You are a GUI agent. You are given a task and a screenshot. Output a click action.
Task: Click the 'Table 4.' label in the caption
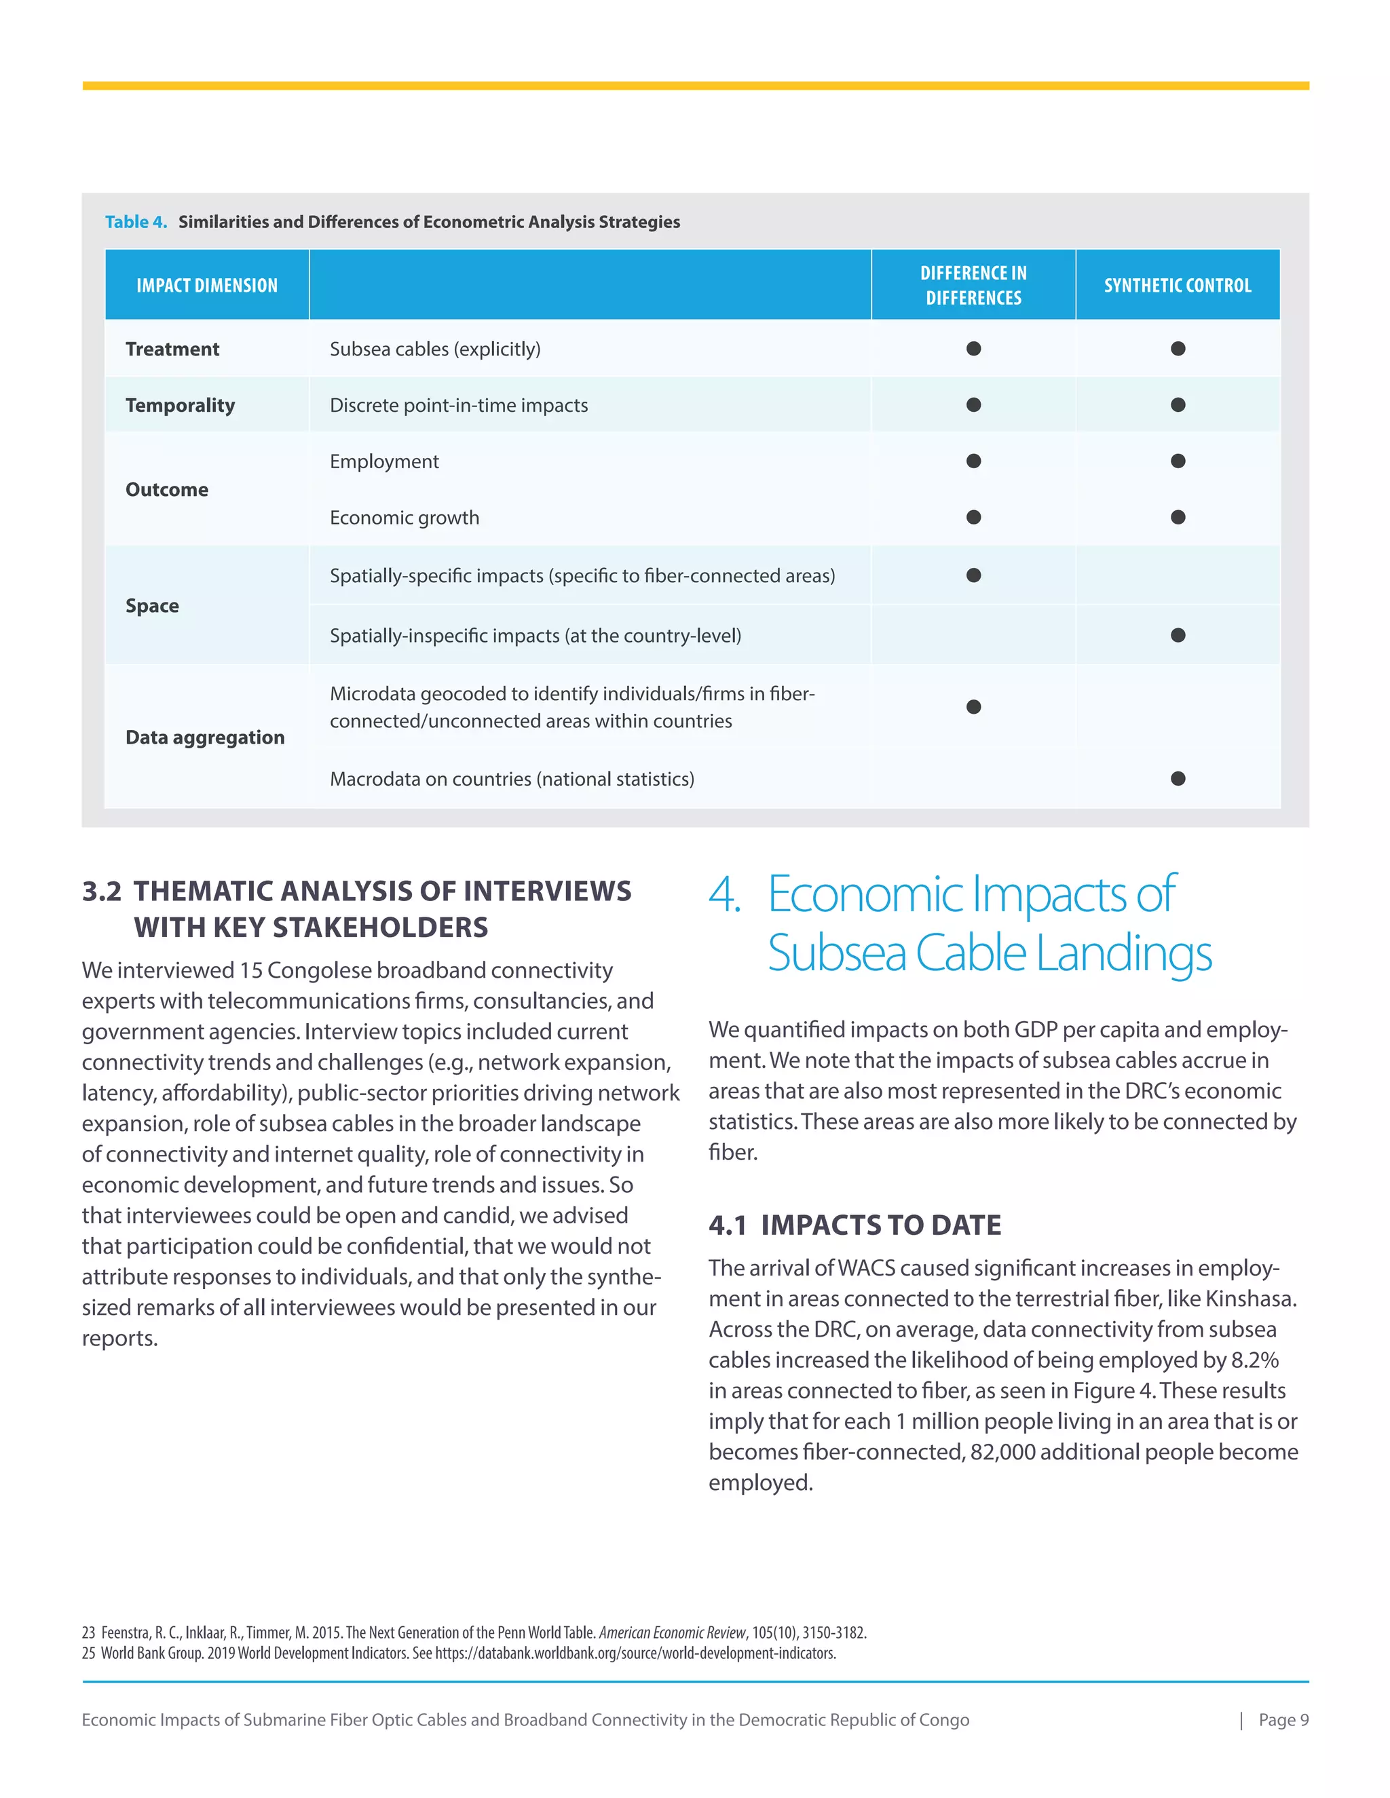coord(136,221)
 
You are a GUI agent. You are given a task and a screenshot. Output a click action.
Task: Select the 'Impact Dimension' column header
coord(207,286)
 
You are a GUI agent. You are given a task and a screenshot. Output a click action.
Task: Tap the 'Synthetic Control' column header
coord(1177,286)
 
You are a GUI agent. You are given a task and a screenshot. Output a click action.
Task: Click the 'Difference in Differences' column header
coord(973,286)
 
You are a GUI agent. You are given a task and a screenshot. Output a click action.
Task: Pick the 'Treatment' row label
coord(172,349)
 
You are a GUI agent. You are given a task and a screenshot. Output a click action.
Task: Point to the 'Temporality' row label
coord(179,405)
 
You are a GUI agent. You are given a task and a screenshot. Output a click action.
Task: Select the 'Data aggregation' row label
coord(205,738)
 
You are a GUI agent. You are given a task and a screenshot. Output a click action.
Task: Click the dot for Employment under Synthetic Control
coord(1178,461)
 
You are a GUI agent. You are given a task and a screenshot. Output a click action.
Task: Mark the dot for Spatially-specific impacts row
coord(973,575)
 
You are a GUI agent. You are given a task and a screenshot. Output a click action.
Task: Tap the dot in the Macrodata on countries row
coord(1178,779)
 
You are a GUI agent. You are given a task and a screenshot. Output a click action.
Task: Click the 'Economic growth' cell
coord(405,518)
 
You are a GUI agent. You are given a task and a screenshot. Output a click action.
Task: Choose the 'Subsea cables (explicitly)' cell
coord(435,349)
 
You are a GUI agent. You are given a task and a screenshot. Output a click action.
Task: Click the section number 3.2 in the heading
coord(101,892)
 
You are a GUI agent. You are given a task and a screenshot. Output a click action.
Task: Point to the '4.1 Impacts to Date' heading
coord(854,1225)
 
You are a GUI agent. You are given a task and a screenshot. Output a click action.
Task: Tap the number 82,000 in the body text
coord(1002,1452)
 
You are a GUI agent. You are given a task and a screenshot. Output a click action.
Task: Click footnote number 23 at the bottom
coord(88,1632)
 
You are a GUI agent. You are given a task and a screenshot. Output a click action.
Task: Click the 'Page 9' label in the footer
coord(1283,1720)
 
